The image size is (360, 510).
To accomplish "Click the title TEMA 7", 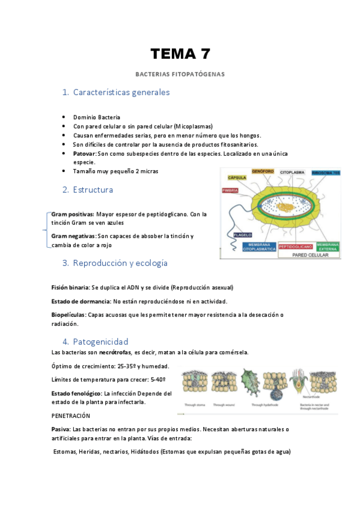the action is click(x=180, y=54).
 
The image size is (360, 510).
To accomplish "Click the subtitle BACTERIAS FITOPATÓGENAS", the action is click(x=180, y=75).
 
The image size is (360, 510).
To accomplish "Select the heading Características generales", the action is click(x=121, y=93).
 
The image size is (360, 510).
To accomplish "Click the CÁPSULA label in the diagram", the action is click(x=237, y=178).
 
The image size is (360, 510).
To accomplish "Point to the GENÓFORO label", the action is click(x=262, y=171).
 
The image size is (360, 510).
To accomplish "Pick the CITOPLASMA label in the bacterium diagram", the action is click(x=293, y=172).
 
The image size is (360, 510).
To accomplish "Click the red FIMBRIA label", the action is click(x=231, y=191).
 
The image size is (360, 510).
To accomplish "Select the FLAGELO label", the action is click(x=243, y=235).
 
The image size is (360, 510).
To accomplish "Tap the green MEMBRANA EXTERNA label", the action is click(x=328, y=246).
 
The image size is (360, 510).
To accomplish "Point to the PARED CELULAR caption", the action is click(x=309, y=255).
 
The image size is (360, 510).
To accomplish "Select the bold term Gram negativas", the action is click(x=73, y=236).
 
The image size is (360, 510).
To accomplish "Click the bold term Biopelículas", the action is click(x=69, y=315).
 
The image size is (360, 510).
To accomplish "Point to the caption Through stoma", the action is click(x=195, y=405).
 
